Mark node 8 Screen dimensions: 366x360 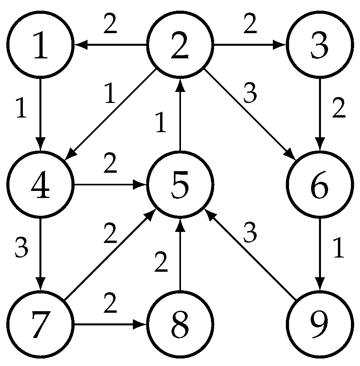pyautogui.click(x=180, y=324)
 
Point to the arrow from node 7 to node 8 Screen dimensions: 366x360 pyautogui.click(x=110, y=324)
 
